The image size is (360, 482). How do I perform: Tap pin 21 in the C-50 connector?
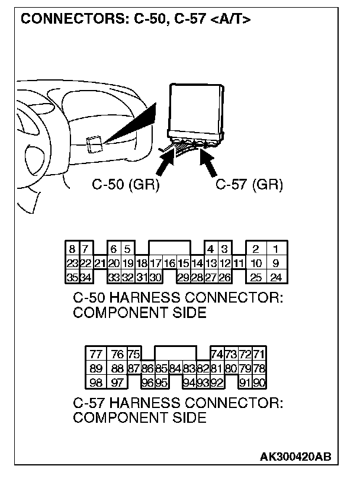(x=99, y=263)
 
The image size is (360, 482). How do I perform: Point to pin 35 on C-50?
(x=72, y=277)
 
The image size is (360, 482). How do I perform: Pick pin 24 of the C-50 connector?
(x=275, y=277)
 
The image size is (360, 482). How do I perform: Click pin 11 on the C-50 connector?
(x=238, y=263)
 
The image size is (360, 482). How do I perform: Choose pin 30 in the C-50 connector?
(x=155, y=277)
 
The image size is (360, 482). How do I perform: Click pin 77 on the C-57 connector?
(x=95, y=355)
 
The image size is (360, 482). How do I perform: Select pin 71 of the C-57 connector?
(x=258, y=355)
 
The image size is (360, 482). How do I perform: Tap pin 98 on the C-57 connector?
(x=95, y=382)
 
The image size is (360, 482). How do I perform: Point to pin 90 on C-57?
(x=258, y=382)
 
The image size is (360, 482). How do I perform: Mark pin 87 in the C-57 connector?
(x=133, y=368)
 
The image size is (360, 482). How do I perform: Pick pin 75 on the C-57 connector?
(x=133, y=355)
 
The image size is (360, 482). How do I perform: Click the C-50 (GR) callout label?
(x=126, y=185)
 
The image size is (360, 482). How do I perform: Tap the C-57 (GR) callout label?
(x=249, y=185)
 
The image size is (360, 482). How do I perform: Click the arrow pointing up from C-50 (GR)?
(x=168, y=160)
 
